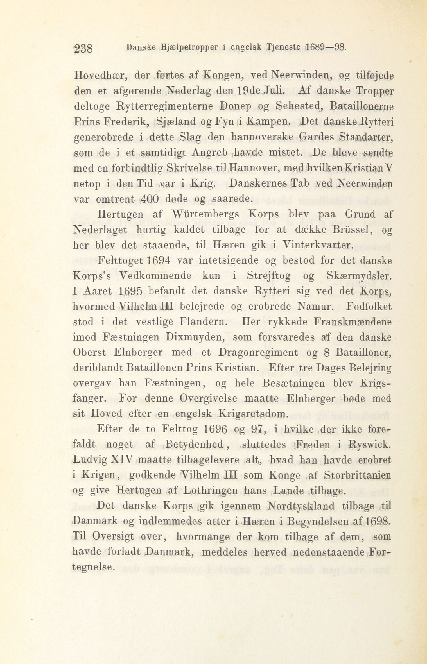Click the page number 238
(x=83, y=49)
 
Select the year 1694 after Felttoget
(x=159, y=260)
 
